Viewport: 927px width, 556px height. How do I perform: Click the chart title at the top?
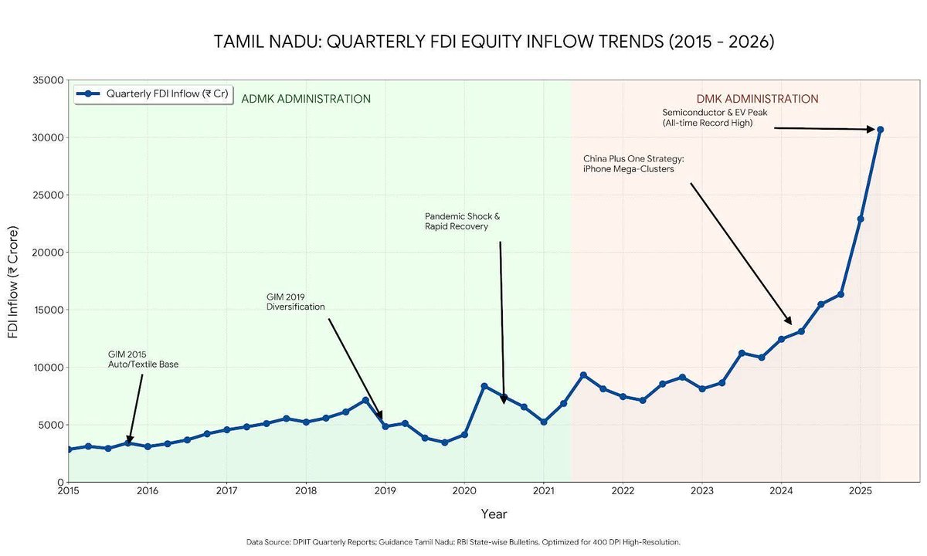tap(494, 42)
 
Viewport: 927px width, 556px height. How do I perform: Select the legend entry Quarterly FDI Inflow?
tap(152, 94)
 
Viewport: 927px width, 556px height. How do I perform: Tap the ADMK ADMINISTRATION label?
tap(306, 100)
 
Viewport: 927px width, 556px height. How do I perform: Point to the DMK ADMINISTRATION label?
tap(757, 100)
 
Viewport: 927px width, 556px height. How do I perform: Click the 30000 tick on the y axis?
tap(49, 137)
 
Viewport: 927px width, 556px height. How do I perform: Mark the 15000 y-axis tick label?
tap(49, 310)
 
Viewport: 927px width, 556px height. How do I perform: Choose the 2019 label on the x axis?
tap(385, 491)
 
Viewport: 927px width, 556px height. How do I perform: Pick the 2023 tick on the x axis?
tap(702, 491)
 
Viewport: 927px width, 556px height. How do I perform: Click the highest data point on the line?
tap(880, 130)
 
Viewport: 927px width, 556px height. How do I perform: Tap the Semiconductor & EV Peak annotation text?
tap(715, 118)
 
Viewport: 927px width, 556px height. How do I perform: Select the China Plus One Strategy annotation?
tap(633, 164)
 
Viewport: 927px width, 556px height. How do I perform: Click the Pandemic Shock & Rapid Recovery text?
tap(462, 222)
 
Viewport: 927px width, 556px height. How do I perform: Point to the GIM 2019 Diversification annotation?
tap(295, 302)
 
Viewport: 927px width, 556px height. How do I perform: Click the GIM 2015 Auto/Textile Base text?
tap(143, 360)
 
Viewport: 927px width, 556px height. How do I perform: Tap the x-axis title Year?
tap(494, 514)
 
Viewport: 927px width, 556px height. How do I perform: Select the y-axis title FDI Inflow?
tap(13, 282)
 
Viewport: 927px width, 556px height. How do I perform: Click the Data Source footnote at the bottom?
tap(463, 542)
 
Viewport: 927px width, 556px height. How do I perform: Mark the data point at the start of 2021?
tap(544, 422)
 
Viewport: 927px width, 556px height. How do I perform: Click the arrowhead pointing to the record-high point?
tap(871, 130)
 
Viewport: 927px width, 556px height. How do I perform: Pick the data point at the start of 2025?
tap(861, 219)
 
